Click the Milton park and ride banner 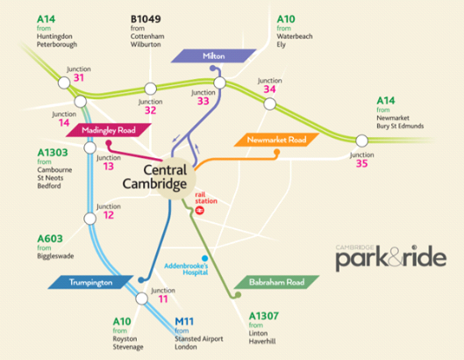(x=214, y=56)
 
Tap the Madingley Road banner (x=109, y=130)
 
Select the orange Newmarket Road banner (x=276, y=140)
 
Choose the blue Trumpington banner (x=91, y=282)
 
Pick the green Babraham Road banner (x=276, y=282)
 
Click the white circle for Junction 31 (x=64, y=83)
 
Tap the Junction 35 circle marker (x=361, y=141)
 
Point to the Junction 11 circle (x=142, y=299)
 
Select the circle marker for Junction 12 (x=90, y=219)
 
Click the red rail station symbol (x=200, y=211)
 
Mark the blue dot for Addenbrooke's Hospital (x=204, y=258)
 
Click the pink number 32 (x=150, y=111)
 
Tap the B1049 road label (x=146, y=19)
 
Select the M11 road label (x=184, y=321)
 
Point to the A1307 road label (x=264, y=316)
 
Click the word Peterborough (x=57, y=45)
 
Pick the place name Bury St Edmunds (x=400, y=126)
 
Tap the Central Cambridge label (x=154, y=176)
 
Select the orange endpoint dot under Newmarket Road (x=276, y=153)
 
